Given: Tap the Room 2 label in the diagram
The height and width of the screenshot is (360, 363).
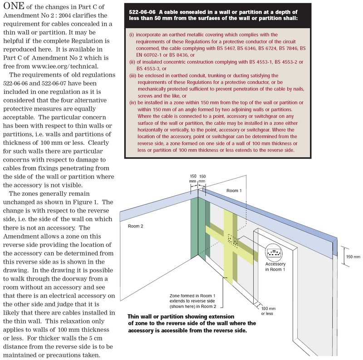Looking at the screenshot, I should tap(135, 225).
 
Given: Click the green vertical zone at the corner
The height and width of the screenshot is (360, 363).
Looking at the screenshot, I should tap(194, 236).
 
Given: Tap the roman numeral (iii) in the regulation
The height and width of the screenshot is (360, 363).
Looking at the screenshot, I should tap(133, 75).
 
